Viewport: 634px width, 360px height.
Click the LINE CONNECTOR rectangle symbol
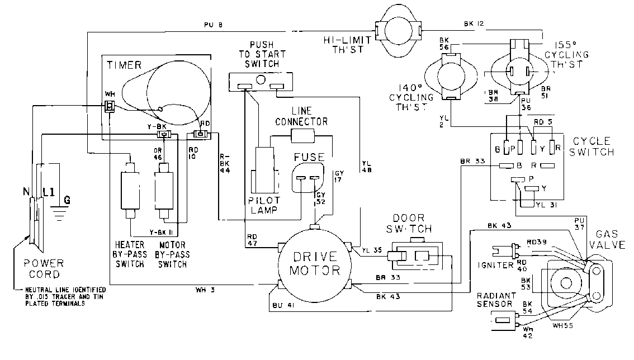tap(302, 135)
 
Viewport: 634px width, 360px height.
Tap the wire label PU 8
tap(212, 25)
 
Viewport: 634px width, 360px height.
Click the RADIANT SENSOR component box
tap(505, 321)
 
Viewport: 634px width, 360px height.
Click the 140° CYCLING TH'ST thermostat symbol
tap(450, 78)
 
